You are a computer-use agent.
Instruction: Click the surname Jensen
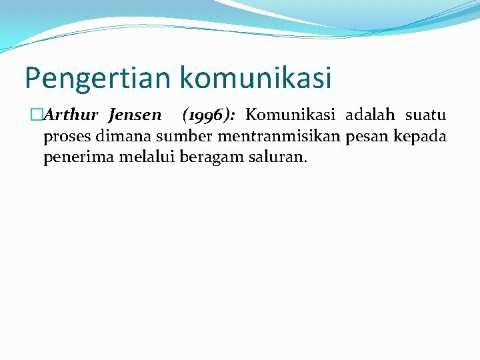pos(135,115)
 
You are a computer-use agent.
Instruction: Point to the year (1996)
pos(207,115)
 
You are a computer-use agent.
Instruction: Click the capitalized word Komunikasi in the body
pos(290,115)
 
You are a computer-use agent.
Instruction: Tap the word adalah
pos(370,115)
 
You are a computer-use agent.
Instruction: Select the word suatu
pos(425,115)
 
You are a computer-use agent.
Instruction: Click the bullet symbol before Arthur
pos(38,115)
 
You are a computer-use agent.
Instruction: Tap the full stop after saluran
pos(305,163)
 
